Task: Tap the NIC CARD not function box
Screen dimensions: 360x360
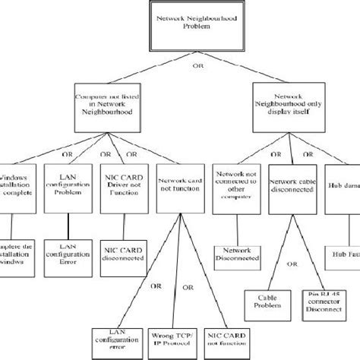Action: pyautogui.click(x=226, y=340)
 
